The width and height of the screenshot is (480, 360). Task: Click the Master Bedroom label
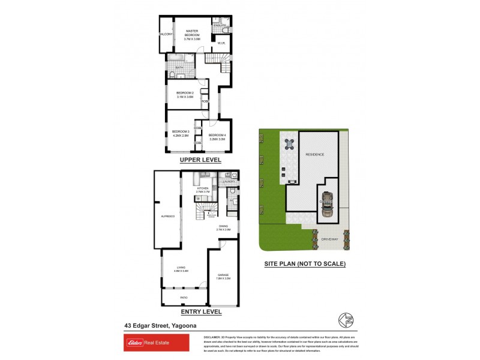pyautogui.click(x=192, y=34)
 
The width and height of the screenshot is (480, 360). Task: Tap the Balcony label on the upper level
pyautogui.click(x=166, y=34)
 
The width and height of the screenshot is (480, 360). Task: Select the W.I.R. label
pyautogui.click(x=221, y=43)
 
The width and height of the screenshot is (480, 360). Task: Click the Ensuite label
pyautogui.click(x=220, y=26)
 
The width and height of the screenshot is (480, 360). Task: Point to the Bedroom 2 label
pyautogui.click(x=184, y=95)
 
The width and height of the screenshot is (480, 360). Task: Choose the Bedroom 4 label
pyautogui.click(x=217, y=137)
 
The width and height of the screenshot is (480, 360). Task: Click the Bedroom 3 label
pyautogui.click(x=180, y=134)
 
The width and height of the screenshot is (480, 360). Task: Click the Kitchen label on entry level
pyautogui.click(x=202, y=190)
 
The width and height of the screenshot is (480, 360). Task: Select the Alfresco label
pyautogui.click(x=167, y=216)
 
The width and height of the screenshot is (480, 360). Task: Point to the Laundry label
pyautogui.click(x=229, y=181)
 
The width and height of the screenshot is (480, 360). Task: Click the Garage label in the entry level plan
pyautogui.click(x=223, y=277)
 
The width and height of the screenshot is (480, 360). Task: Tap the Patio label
pyautogui.click(x=184, y=297)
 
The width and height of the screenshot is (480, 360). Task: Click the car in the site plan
pyautogui.click(x=326, y=204)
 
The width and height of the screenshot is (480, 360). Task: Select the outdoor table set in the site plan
pyautogui.click(x=290, y=144)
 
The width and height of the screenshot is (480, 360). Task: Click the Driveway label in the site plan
pyautogui.click(x=331, y=239)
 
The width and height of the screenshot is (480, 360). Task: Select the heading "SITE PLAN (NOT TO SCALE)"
pyautogui.click(x=305, y=263)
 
